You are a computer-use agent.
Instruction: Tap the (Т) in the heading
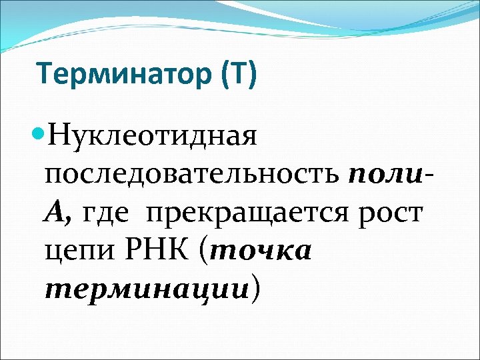coord(235,75)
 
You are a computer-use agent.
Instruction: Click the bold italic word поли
coord(385,175)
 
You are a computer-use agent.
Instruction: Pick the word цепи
coord(74,253)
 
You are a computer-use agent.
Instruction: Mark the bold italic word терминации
coord(146,289)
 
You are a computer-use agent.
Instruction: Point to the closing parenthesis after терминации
coord(255,289)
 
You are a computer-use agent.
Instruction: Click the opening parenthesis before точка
coord(203,251)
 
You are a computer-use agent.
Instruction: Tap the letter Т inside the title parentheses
coord(236,75)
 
